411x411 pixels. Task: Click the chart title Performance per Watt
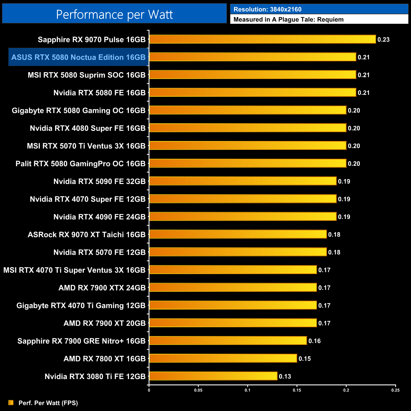coord(114,14)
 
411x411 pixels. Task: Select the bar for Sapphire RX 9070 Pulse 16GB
coord(262,39)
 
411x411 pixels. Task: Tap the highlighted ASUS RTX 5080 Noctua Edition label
coord(78,57)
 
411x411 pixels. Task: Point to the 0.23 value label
coord(383,40)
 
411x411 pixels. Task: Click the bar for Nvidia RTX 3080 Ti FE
coord(213,376)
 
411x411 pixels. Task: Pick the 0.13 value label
coord(285,376)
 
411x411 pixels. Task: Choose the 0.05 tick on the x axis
coord(198,390)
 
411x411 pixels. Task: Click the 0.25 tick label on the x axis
coord(395,390)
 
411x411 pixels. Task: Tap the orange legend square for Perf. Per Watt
coord(11,402)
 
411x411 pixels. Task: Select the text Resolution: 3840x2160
coord(267,9)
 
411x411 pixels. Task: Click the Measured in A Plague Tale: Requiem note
coord(288,20)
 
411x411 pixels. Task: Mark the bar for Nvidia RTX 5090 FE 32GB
coord(243,181)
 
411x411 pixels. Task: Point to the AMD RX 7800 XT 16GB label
coord(104,359)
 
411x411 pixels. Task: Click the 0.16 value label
coord(315,341)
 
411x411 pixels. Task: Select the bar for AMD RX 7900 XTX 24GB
coord(233,287)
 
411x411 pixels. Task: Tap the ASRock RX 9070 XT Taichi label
coord(87,235)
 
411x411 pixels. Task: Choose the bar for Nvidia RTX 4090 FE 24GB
coord(243,217)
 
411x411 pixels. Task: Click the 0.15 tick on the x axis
coord(297,390)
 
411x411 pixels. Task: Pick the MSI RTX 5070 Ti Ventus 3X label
coord(86,146)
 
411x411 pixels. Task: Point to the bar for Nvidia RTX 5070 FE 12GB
coord(238,252)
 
